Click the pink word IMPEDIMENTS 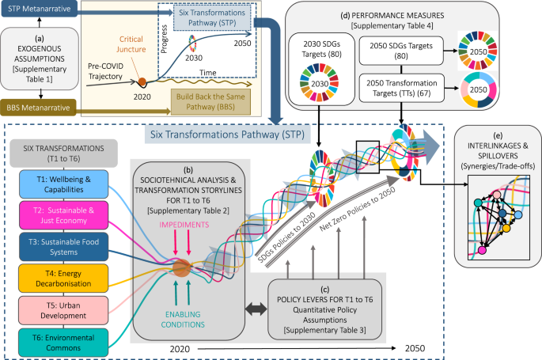click(x=184, y=223)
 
